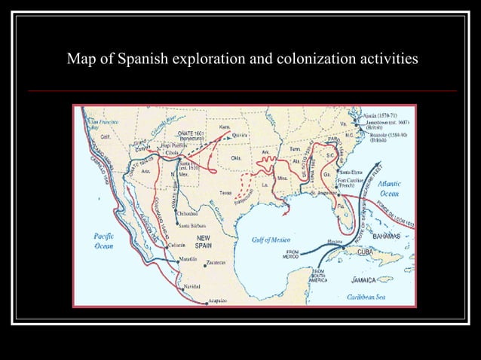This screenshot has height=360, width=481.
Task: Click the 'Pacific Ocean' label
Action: [x=103, y=241]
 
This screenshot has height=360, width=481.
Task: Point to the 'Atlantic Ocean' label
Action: [x=389, y=188]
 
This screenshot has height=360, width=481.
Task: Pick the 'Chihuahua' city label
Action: [x=188, y=212]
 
